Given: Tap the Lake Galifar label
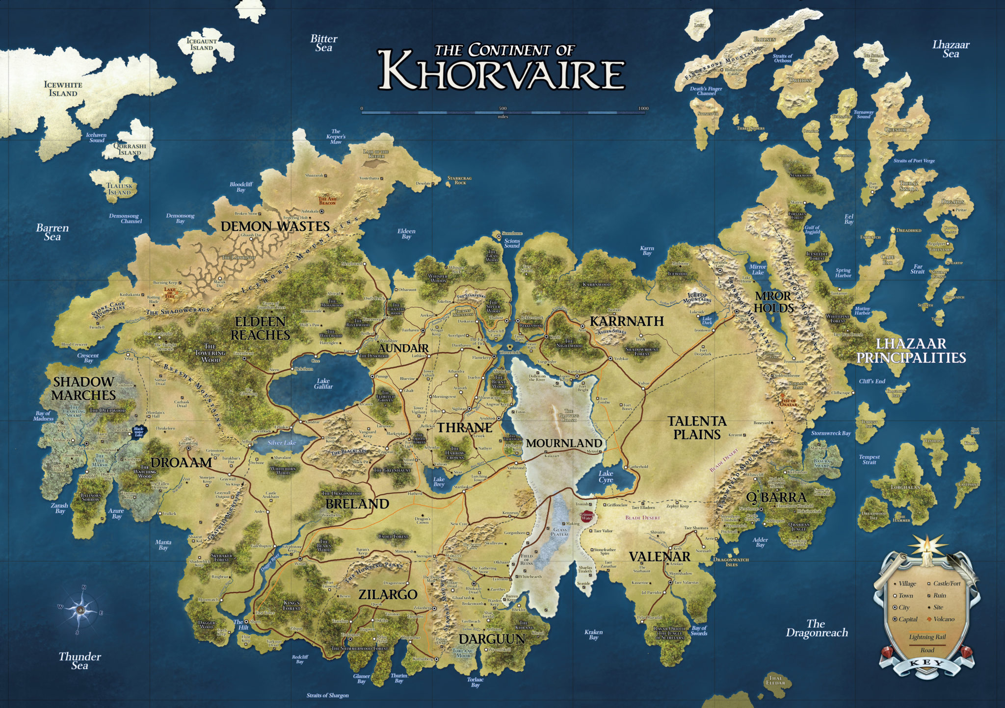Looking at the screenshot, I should coord(323,383).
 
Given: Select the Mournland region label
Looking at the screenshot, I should coord(564,443).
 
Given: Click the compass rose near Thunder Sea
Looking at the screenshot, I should coord(80,609).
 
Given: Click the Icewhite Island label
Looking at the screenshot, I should coord(63,89).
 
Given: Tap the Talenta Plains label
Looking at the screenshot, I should coord(697,428).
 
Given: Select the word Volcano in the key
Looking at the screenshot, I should coord(944,619).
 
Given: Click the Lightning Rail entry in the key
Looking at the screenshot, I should coord(927,637).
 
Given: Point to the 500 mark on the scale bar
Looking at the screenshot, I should coord(502,108).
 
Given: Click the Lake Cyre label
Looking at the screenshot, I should coord(606,476).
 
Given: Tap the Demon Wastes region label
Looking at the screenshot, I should coord(275,226).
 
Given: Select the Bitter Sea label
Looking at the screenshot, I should coord(324,43).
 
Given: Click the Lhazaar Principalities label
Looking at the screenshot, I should coord(911,351).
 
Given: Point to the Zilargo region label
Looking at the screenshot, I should coord(388,594).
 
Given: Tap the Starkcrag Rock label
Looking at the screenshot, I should coord(459,180).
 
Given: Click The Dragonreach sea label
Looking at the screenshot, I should coord(817,628).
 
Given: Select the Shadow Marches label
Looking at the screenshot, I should coord(83,388).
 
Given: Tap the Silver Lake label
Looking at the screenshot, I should coord(282,443).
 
